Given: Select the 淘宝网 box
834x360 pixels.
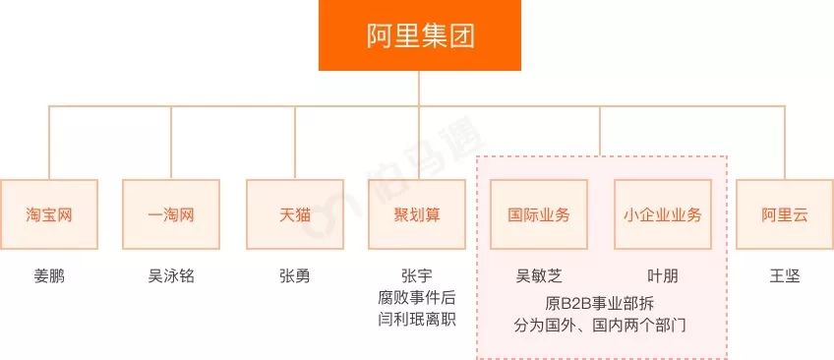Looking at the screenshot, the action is point(49,214).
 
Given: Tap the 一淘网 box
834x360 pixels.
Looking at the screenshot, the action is point(171,214).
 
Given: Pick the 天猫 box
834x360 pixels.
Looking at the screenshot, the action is point(294,214).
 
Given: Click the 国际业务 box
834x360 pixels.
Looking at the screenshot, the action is point(539,214).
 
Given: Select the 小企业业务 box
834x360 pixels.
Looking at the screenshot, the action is point(662,214).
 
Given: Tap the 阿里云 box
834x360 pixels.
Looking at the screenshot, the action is point(785,214).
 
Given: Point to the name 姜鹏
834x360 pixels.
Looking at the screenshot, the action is point(49,275).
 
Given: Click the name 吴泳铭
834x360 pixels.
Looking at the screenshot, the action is point(171,275).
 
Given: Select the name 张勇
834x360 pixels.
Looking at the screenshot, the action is point(294,275).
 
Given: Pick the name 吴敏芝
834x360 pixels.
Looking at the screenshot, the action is point(539,275).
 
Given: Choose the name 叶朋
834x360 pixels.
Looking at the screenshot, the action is point(662,275).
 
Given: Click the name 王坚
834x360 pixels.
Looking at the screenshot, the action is point(785,275).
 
